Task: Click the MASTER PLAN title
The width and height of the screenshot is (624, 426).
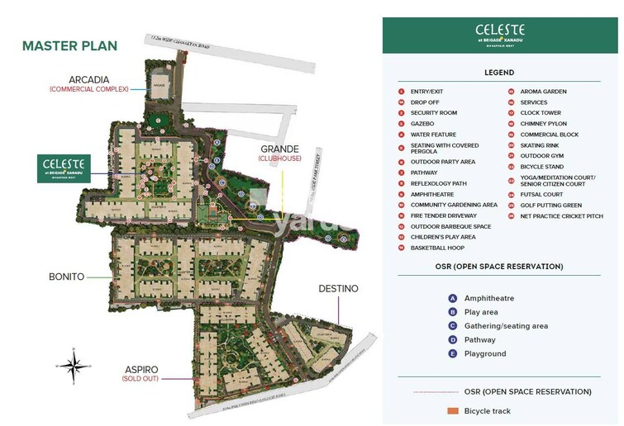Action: point(69,46)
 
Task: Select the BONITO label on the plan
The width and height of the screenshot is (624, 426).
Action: point(65,277)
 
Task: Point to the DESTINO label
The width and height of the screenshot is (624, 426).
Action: point(339,289)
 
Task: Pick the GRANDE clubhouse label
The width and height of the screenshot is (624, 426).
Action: point(279,149)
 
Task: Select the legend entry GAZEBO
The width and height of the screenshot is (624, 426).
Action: point(422,124)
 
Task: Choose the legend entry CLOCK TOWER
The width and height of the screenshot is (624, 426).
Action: point(540,113)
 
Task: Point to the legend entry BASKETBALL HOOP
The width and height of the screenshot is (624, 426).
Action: point(437,248)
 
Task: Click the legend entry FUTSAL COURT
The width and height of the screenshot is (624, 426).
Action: point(541,195)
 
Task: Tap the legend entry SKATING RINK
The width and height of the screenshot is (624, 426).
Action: point(539,145)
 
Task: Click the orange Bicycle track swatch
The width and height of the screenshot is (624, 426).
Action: point(452,411)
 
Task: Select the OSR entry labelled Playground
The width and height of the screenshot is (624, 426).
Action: point(485,353)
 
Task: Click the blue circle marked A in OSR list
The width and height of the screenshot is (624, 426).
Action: point(453,299)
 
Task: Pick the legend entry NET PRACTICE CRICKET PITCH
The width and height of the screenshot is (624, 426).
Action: point(561,216)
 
